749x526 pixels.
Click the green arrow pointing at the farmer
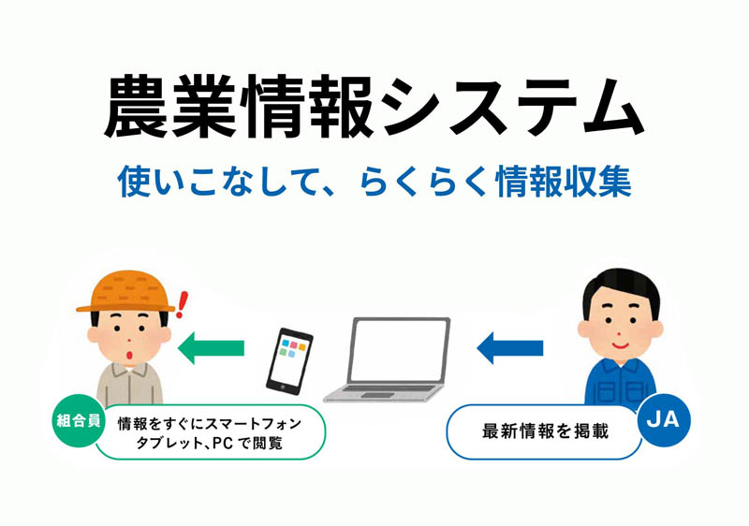[x=212, y=348]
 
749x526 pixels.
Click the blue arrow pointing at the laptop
[x=509, y=348]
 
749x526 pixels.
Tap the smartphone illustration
[x=289, y=361]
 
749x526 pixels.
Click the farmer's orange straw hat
[x=126, y=292]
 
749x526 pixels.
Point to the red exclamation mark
[x=182, y=304]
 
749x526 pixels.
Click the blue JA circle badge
[x=664, y=420]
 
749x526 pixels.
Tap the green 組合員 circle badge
[x=79, y=421]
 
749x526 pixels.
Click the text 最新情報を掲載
[x=545, y=431]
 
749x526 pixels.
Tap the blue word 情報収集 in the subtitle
[x=564, y=182]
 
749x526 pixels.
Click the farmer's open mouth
[x=128, y=356]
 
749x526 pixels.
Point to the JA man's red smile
[x=620, y=343]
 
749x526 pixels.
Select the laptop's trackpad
[x=377, y=395]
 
